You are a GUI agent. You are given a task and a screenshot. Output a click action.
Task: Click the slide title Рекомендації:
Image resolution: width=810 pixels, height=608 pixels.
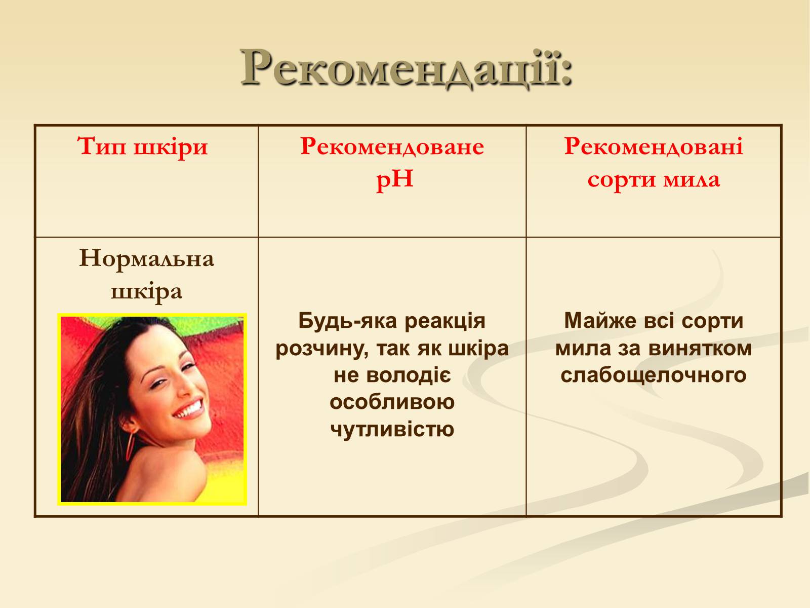coord(406,69)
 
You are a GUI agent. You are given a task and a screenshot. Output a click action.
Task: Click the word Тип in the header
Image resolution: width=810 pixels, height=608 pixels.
coord(102,146)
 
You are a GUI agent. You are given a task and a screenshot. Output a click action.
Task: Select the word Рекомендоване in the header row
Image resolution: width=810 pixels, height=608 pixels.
coord(392,146)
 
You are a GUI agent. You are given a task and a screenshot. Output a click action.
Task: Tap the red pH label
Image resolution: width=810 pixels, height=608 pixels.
coord(394,180)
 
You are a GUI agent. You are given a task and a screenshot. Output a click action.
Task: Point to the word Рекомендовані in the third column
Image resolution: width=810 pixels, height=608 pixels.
coord(654,146)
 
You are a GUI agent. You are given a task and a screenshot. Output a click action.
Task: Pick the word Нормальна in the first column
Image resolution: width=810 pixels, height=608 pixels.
coord(146,258)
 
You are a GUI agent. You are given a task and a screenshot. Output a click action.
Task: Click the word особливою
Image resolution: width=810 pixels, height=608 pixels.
coord(392,402)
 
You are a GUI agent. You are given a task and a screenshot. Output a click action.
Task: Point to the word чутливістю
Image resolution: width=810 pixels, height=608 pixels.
coord(392,429)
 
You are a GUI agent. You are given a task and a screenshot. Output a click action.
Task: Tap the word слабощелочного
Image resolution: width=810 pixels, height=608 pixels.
coord(654,375)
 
